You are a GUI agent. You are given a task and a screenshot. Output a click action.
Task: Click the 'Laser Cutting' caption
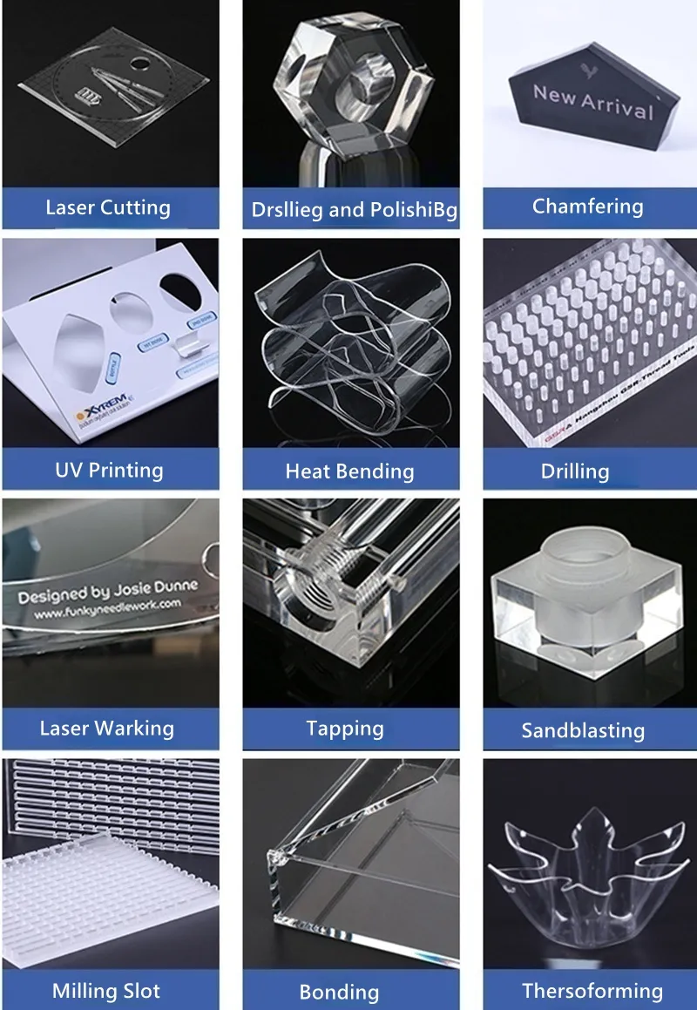coord(108,207)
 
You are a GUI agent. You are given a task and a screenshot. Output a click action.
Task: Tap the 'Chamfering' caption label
coord(587,207)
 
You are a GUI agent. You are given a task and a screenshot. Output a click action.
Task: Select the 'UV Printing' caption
coord(109,471)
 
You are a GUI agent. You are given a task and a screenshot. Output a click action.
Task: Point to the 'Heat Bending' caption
coord(349,471)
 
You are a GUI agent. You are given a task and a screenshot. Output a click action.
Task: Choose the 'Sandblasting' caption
coord(583,730)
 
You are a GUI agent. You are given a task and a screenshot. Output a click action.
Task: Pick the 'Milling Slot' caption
coord(106,991)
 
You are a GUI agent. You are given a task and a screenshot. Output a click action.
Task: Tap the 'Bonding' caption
coord(339,992)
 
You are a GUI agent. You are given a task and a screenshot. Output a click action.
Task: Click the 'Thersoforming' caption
coord(592,991)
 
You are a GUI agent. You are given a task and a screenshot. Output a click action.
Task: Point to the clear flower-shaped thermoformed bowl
coord(585,871)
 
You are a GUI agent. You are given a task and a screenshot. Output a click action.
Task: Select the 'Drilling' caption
coord(575,471)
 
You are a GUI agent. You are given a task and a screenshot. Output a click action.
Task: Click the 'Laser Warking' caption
coord(107,729)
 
